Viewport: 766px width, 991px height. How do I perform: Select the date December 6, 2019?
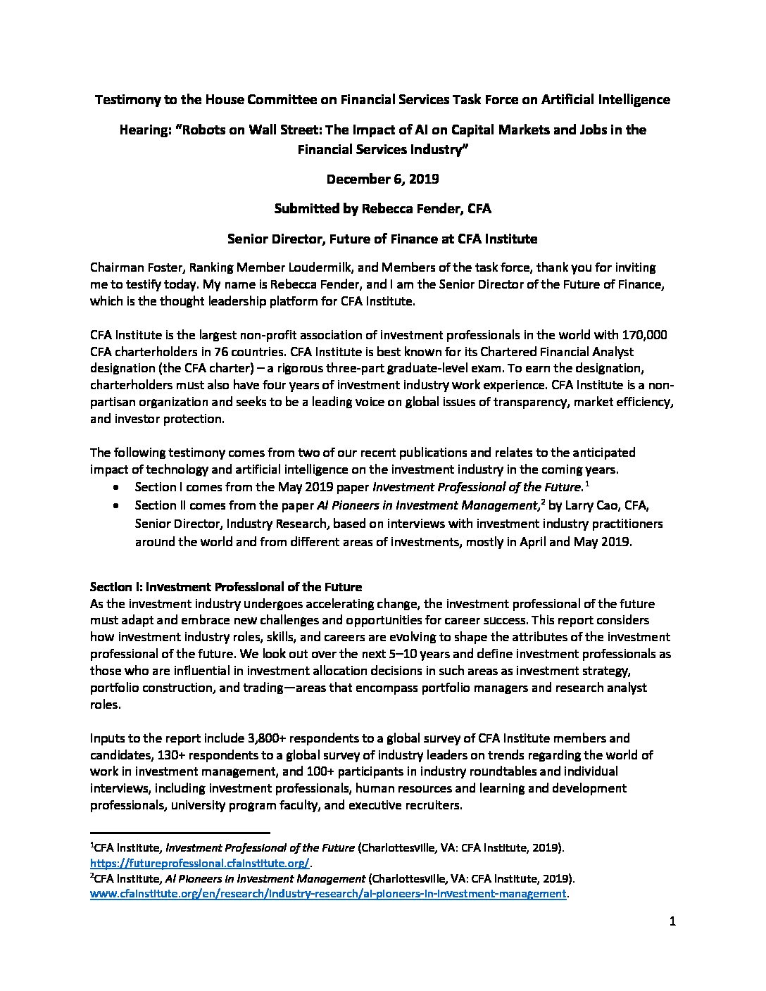point(382,179)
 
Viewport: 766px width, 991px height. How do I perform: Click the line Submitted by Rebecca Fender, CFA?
point(382,209)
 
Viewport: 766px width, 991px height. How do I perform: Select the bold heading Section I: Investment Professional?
point(225,586)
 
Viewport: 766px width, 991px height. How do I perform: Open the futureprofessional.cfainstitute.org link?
point(201,863)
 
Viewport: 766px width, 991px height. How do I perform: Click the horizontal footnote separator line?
point(180,832)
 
